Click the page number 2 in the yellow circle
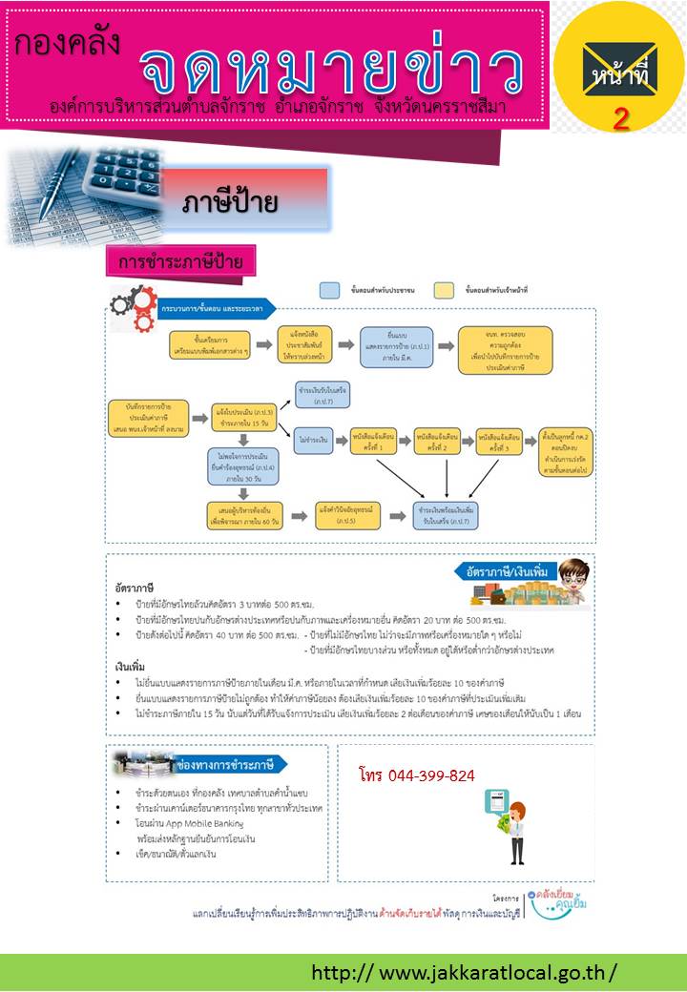click(620, 118)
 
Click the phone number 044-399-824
click(418, 775)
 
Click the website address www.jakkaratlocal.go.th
click(465, 973)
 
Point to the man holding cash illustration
click(517, 832)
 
